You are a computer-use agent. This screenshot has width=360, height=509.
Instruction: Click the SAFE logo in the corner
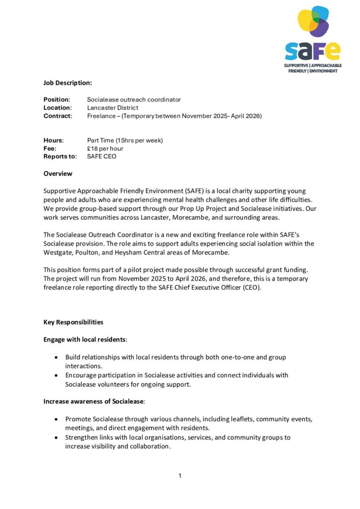point(313,39)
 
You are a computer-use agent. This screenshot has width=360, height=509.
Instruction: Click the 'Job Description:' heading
point(68,83)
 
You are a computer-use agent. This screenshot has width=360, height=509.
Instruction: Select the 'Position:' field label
point(57,99)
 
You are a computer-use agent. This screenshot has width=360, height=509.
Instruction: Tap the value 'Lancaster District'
point(112,107)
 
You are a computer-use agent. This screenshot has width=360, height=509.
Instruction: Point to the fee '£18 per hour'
point(105,148)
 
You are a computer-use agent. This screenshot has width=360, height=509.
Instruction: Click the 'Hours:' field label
point(53,140)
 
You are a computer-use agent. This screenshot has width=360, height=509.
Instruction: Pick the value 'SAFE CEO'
point(101,156)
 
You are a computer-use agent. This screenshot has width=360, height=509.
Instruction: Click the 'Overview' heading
point(58,173)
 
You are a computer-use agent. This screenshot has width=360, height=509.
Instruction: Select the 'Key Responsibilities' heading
point(73,322)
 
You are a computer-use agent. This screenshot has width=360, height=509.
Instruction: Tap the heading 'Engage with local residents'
point(85,339)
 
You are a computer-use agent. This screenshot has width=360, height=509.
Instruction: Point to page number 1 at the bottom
point(180,476)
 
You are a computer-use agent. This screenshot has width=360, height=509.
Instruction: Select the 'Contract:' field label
point(58,116)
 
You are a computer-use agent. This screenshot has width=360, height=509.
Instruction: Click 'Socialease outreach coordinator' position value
point(134,99)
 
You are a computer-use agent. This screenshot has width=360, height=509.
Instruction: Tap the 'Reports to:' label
point(60,156)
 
